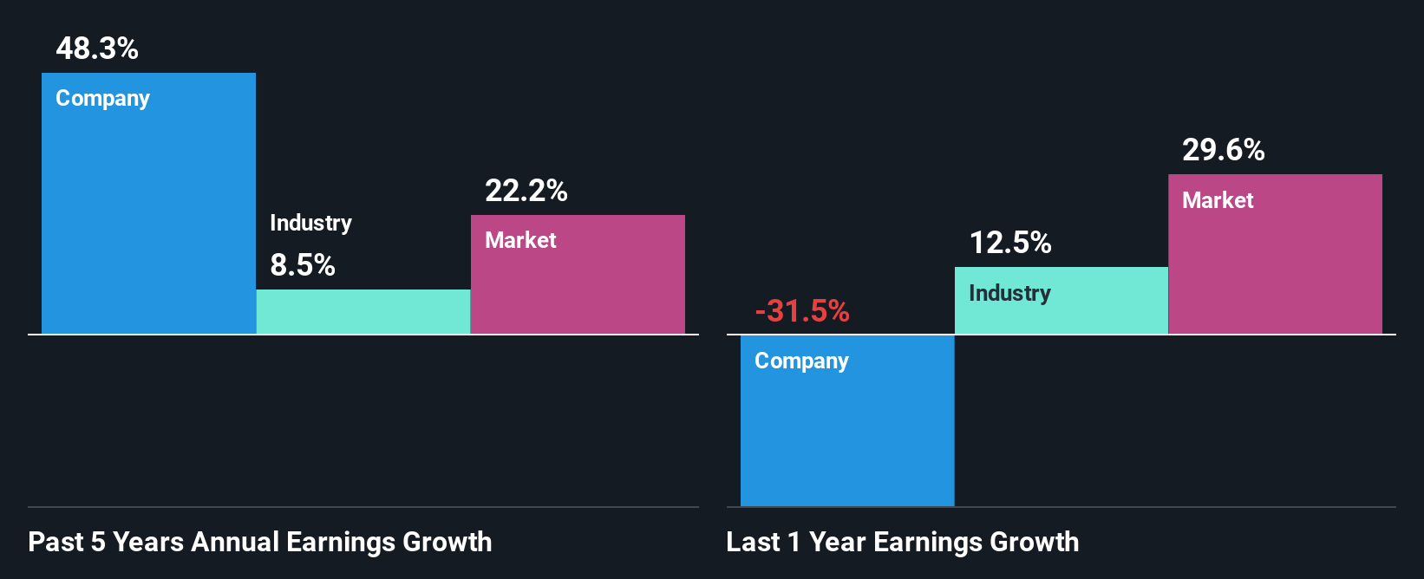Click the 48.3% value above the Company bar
(97, 49)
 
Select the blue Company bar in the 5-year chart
(148, 217)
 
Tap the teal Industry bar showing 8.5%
(363, 312)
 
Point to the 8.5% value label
(303, 265)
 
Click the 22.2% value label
(526, 191)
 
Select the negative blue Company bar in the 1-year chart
(847, 433)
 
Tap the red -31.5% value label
(802, 311)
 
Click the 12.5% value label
(1010, 243)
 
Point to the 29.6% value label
(1224, 150)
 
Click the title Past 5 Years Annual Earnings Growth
(260, 543)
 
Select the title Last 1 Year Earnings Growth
(903, 543)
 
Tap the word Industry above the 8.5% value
(310, 223)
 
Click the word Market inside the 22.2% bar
(520, 240)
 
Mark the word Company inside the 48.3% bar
(102, 99)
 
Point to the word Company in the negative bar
(801, 361)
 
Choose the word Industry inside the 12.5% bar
(1009, 293)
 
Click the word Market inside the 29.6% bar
(1218, 200)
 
